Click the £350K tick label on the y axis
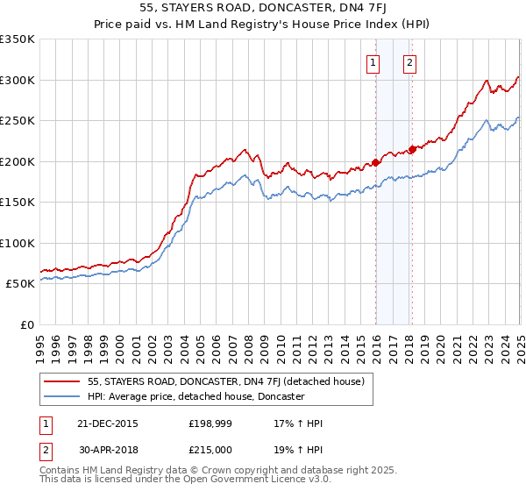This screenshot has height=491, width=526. point(18,39)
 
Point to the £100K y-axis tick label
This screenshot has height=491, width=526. point(18,244)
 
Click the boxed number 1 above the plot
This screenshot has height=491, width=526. point(373,62)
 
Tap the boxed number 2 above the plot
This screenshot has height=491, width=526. point(409,62)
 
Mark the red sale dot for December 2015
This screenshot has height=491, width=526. point(375,162)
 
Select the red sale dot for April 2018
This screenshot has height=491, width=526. point(412,149)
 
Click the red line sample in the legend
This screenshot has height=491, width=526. point(61,381)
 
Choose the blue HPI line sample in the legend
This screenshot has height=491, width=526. point(61,396)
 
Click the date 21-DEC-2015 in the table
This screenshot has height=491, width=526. point(107,423)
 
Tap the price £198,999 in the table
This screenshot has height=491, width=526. point(214,423)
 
